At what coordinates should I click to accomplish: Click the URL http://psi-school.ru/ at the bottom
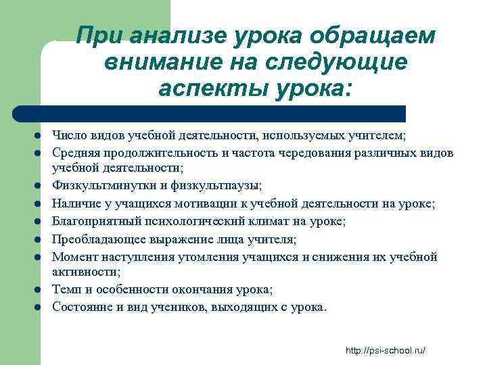pos(384,350)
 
